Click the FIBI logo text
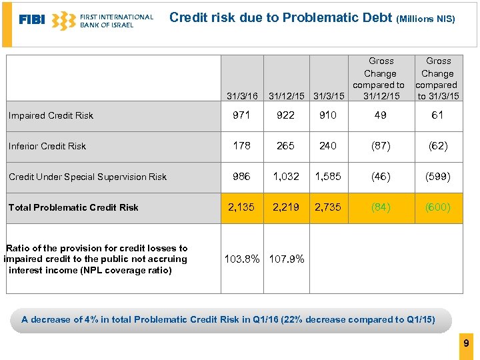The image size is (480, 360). pyautogui.click(x=32, y=20)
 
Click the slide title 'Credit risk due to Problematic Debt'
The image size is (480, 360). pyautogui.click(x=281, y=18)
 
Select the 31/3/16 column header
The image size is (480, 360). pyautogui.click(x=242, y=97)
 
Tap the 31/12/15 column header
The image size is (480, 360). pyautogui.click(x=286, y=97)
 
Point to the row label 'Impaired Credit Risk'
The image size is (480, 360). pyautogui.click(x=51, y=115)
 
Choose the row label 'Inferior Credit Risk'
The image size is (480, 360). pyautogui.click(x=47, y=146)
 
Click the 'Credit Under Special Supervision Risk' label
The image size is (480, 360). pyautogui.click(x=87, y=177)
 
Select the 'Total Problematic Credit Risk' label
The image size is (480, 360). pyautogui.click(x=73, y=207)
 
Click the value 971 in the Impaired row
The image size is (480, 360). pyautogui.click(x=241, y=115)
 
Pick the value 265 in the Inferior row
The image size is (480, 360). pyautogui.click(x=285, y=146)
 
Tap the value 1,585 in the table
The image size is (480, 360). pyautogui.click(x=327, y=177)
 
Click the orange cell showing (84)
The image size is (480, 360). pyautogui.click(x=381, y=207)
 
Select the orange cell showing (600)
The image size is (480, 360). pyautogui.click(x=438, y=207)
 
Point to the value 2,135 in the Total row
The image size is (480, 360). pyautogui.click(x=241, y=207)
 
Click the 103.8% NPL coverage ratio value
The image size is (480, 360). pyautogui.click(x=243, y=259)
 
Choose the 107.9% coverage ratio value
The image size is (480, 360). pyautogui.click(x=287, y=259)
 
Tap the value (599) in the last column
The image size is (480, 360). pyautogui.click(x=438, y=177)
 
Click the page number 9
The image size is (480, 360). pyautogui.click(x=466, y=344)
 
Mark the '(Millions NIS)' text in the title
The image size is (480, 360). pyautogui.click(x=426, y=19)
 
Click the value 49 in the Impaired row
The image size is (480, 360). pyautogui.click(x=381, y=115)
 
